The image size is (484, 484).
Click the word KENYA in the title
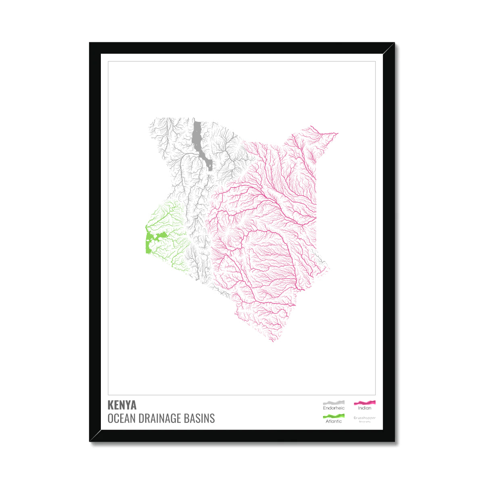122,405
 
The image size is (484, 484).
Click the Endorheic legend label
334,408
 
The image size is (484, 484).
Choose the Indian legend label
365,408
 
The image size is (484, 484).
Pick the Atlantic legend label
334,421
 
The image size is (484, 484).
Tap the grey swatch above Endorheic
334,403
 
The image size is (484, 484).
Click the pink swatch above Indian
365,403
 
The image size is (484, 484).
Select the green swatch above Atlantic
334,416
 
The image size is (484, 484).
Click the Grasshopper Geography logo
365,419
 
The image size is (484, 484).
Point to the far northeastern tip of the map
338,133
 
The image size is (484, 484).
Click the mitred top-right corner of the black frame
389,48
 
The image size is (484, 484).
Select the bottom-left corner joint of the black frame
95,436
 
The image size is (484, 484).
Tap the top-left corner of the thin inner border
108,61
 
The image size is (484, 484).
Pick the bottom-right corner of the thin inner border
376,395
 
